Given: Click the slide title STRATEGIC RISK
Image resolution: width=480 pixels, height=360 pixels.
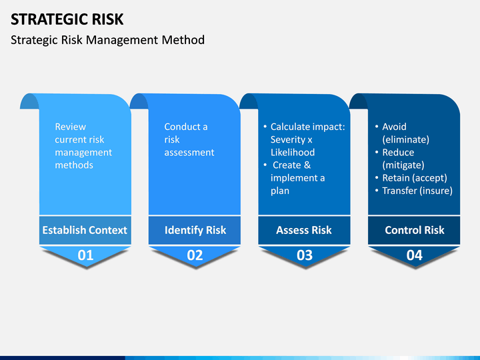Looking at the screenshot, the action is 67,19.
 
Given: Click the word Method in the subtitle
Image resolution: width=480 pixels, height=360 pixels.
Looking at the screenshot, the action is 183,40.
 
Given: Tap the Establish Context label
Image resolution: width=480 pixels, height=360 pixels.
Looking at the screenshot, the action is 85,230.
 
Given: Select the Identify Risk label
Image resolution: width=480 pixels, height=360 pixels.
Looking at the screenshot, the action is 195,230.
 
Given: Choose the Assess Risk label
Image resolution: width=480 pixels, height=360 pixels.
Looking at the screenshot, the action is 304,230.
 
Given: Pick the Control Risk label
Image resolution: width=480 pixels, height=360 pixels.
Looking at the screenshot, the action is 415,230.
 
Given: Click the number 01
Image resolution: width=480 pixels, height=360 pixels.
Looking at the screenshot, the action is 85,255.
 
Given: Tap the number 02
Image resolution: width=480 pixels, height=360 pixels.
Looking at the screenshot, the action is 195,255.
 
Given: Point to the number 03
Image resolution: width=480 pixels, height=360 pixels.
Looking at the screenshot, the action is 305,255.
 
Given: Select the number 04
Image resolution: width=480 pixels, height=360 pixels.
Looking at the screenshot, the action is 415,255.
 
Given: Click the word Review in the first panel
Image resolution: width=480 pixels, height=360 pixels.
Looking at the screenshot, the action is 71,127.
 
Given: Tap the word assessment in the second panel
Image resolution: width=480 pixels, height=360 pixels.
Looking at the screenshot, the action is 189,153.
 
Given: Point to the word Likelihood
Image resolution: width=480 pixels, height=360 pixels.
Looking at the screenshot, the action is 293,152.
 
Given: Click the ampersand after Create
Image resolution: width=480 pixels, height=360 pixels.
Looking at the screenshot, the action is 307,165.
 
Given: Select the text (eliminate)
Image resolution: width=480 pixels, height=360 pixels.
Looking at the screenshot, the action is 405,139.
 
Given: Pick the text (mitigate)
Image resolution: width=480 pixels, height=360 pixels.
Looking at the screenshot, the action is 403,165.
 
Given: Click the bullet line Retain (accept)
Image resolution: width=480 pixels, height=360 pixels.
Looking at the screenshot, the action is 411,178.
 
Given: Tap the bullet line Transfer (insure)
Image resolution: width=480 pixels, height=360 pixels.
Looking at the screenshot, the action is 414,191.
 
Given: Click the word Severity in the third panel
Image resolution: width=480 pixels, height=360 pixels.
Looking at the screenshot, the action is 288,139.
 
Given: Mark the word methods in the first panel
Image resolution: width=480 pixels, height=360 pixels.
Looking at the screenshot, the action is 74,165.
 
